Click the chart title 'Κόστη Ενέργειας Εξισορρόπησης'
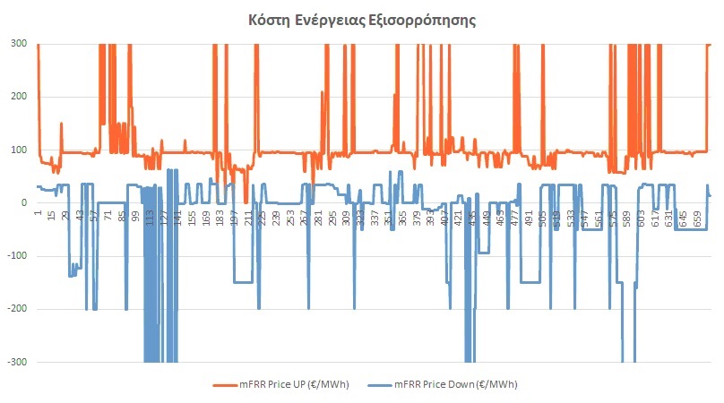(362, 20)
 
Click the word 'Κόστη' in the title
(271, 20)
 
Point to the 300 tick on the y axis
(20, 44)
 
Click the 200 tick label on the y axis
(20, 97)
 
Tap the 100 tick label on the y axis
(20, 150)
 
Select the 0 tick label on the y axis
(25, 202)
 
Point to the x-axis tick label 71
(108, 216)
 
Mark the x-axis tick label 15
(52, 216)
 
